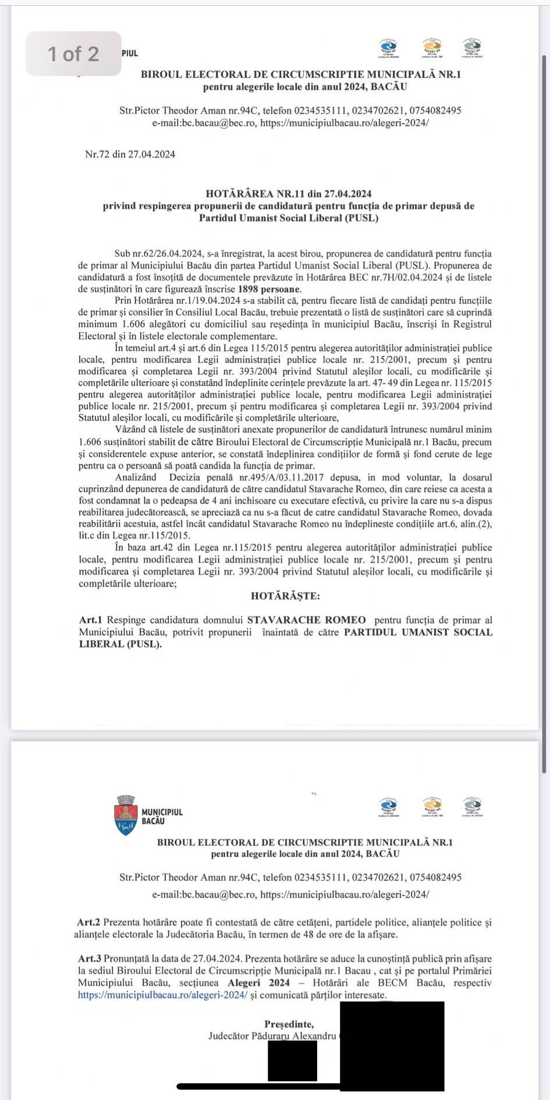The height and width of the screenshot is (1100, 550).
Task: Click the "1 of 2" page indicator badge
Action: tap(73, 54)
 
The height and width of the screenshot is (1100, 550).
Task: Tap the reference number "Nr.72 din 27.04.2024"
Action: tap(130, 154)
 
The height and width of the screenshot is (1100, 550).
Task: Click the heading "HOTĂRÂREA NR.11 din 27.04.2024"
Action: tap(289, 194)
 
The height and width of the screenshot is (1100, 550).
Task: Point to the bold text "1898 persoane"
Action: tap(269, 289)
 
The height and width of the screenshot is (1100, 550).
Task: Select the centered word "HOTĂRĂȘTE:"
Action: tap(285, 596)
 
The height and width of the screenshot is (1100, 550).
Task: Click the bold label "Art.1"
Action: tap(91, 620)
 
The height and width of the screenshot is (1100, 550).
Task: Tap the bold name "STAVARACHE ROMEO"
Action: tap(307, 620)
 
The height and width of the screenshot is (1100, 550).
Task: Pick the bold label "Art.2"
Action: tap(88, 922)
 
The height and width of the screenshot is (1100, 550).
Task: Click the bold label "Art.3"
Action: tap(90, 959)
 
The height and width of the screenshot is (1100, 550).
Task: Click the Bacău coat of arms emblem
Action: tap(126, 815)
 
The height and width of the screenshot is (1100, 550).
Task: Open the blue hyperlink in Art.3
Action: tap(162, 995)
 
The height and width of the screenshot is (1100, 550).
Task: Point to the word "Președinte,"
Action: tap(289, 1024)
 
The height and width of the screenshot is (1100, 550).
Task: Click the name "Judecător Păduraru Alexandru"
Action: tap(272, 1036)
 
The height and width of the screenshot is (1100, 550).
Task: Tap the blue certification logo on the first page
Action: tap(388, 48)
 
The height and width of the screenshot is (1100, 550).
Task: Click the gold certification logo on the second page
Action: tap(432, 807)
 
